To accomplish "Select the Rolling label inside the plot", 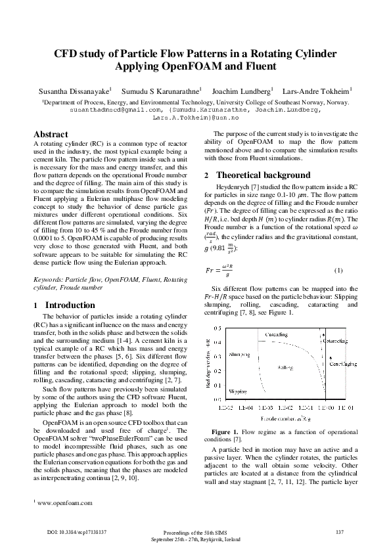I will pyautogui.click(x=285, y=368).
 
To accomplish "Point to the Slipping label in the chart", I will pyautogui.click(x=238, y=390).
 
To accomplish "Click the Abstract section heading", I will pyautogui.click(x=51, y=133).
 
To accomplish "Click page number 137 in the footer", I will pyautogui.click(x=340, y=531).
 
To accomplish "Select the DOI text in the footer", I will pyautogui.click(x=77, y=531).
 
